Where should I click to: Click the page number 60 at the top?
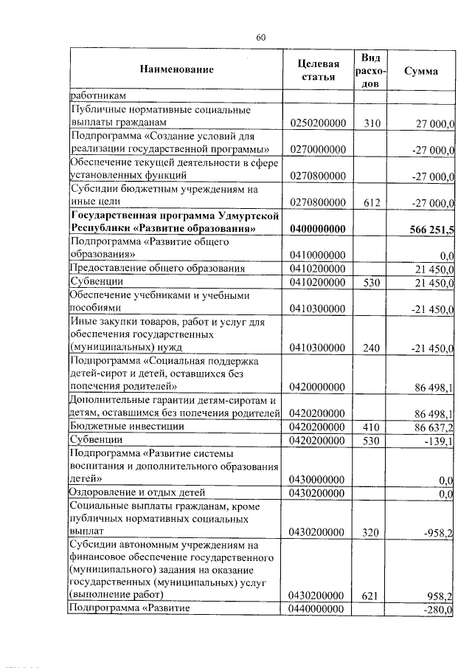pyautogui.click(x=260, y=38)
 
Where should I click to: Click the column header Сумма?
pyautogui.click(x=421, y=71)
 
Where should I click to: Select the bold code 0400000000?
pyautogui.click(x=318, y=230)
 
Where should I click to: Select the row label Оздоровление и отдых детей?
pyautogui.click(x=136, y=492)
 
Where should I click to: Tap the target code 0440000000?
pyautogui.click(x=318, y=609)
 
